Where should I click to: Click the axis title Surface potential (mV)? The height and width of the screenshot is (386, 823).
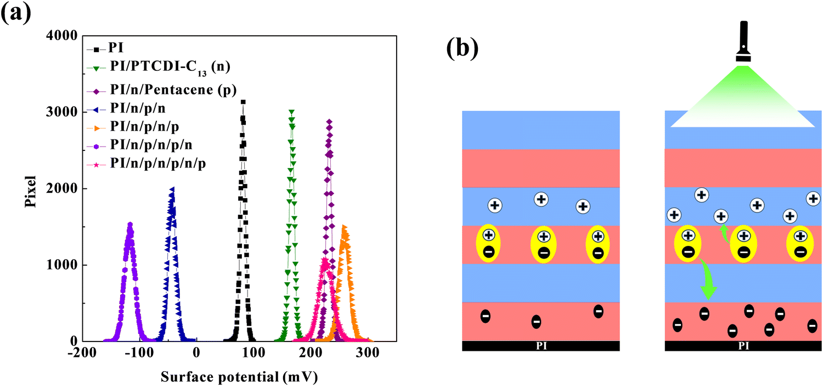pos(240,377)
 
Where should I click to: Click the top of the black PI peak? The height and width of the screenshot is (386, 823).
pos(243,102)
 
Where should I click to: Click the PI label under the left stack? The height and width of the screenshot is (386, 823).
pos(540,346)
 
